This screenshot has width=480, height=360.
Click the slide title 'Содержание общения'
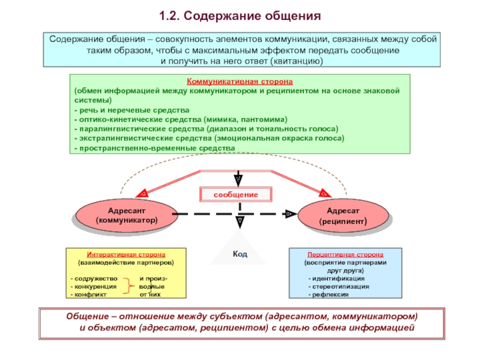point(240,14)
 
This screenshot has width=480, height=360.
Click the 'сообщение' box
point(237,195)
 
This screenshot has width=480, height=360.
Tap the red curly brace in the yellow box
point(128,287)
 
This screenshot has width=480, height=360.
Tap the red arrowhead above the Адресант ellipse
point(142,194)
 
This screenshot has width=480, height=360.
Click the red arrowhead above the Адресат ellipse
point(325,193)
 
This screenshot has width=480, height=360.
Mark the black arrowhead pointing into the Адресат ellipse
point(290,214)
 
